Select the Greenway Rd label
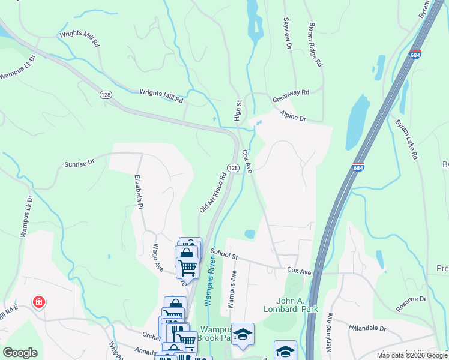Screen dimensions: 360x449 (x=291, y=93)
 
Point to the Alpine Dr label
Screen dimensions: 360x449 (x=293, y=116)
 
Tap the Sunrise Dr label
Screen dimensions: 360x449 (x=80, y=162)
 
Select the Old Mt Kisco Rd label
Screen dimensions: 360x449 (x=212, y=192)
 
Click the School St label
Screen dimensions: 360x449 (x=224, y=254)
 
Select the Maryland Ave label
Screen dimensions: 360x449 (x=329, y=324)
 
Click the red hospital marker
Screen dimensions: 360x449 (x=40, y=302)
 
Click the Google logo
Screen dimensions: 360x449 (x=20, y=353)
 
